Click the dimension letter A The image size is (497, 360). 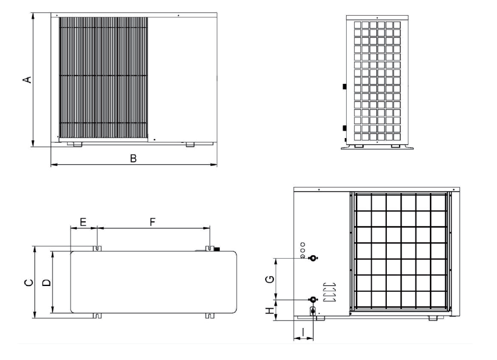pyautogui.click(x=27, y=80)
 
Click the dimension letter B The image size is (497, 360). pyautogui.click(x=133, y=158)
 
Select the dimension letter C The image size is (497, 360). pyautogui.click(x=29, y=283)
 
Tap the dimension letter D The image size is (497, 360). pyautogui.click(x=47, y=283)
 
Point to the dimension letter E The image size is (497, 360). pyautogui.click(x=83, y=222)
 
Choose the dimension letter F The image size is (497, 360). pyautogui.click(x=153, y=222)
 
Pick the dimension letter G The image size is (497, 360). pyautogui.click(x=270, y=279)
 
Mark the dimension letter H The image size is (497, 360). pyautogui.click(x=270, y=310)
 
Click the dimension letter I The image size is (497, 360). pyautogui.click(x=304, y=332)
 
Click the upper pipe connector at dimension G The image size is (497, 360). pyautogui.click(x=313, y=257)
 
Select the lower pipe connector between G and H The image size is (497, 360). pyautogui.click(x=313, y=299)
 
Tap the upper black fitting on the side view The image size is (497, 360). pyautogui.click(x=344, y=86)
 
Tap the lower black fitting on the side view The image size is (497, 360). pyautogui.click(x=344, y=128)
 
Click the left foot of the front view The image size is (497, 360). pyautogui.click(x=77, y=144)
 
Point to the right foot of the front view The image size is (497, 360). pyautogui.click(x=190, y=144)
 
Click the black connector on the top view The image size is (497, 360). pyautogui.click(x=217, y=249)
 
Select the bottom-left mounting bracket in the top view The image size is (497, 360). pyautogui.click(x=97, y=316)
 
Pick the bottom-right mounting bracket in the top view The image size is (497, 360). pyautogui.click(x=209, y=316)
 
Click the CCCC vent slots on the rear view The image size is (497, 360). pyautogui.click(x=330, y=292)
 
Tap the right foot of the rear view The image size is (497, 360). pyautogui.click(x=432, y=318)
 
